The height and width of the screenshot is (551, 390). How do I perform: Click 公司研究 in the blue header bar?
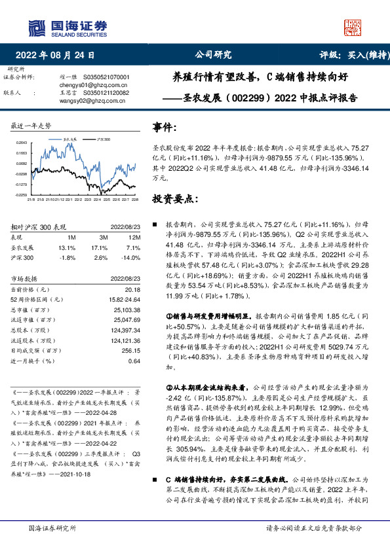click(214, 55)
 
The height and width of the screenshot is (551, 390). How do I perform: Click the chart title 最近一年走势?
click(31, 125)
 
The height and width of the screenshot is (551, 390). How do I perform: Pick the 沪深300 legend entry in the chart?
click(103, 139)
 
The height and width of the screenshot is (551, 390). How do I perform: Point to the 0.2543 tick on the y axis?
click(22, 142)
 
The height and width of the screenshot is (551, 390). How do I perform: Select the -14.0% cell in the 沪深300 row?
click(132, 258)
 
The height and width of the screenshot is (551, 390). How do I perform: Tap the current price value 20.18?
click(133, 289)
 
